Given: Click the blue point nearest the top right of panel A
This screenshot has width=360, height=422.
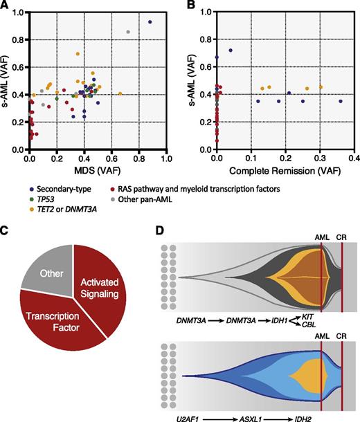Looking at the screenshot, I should pyautogui.click(x=150, y=22).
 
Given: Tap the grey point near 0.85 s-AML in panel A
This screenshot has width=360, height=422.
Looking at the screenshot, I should pyautogui.click(x=128, y=33).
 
